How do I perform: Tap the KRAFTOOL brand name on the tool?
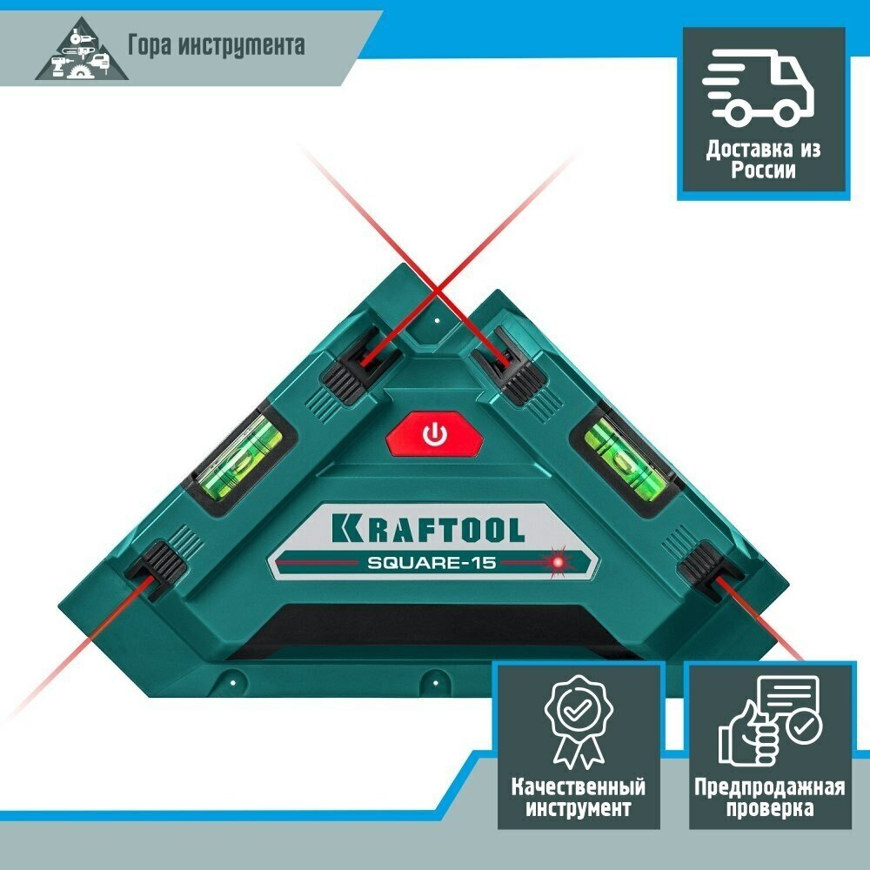[x=426, y=528]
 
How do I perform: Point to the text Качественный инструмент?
[x=578, y=798]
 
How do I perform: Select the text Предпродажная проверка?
[x=768, y=798]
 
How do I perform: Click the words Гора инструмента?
[x=217, y=44]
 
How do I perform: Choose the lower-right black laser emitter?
[x=709, y=570]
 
